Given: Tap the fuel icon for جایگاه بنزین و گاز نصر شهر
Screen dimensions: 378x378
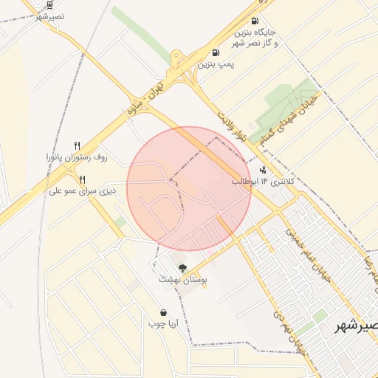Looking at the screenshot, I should coord(255,21).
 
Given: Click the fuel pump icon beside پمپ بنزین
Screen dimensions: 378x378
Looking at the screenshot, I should coord(215,53).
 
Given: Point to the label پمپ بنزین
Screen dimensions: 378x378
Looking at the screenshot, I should coord(216,65).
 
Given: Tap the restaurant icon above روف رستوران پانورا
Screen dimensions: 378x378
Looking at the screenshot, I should coord(77,145).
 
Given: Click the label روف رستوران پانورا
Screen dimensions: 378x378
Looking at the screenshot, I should coord(77,157).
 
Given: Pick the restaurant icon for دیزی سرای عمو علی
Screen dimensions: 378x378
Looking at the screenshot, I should coord(82,179).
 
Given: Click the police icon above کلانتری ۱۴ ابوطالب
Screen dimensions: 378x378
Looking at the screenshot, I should coord(264,170).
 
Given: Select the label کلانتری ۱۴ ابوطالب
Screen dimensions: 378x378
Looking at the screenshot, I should coord(264,181).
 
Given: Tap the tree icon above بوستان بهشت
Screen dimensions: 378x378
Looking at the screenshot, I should coord(182,267).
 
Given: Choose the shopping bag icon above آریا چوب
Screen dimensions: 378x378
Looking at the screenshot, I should coord(163,312).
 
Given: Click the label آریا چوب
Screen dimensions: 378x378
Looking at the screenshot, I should coord(163,324).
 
